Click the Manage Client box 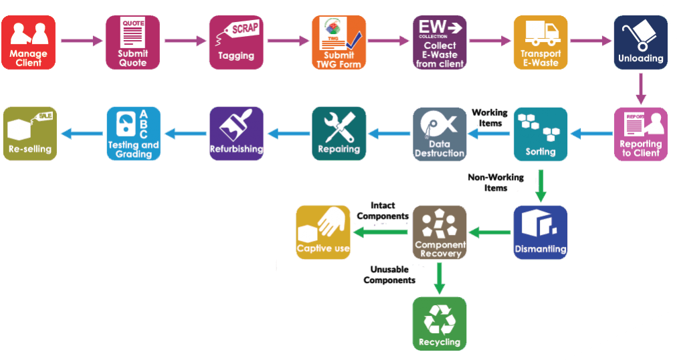click(28, 42)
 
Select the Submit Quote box click(132, 42)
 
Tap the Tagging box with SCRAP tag click(236, 42)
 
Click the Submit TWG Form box click(338, 42)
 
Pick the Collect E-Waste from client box click(440, 42)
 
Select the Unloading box click(641, 42)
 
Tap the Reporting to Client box click(641, 134)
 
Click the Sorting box click(541, 134)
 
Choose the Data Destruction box click(440, 134)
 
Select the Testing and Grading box click(133, 134)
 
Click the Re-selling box click(30, 134)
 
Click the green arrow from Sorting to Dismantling click(541, 185)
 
